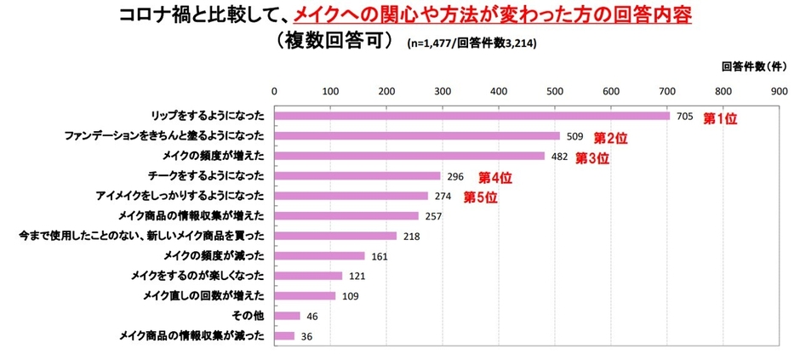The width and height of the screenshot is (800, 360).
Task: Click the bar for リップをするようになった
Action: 471,116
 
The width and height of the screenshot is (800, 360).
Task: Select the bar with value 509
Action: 417,136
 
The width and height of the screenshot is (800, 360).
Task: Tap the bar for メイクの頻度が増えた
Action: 409,156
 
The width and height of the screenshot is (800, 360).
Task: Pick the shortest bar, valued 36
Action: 284,335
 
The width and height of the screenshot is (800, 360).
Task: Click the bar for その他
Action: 287,316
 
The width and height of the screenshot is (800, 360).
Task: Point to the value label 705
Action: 683,117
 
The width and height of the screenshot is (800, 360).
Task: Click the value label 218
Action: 411,236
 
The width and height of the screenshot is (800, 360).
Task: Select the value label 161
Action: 379,256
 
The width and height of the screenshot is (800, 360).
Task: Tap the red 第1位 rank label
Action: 719,119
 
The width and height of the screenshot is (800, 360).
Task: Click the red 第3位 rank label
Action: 592,158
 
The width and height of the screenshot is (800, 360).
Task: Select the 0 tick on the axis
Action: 274,90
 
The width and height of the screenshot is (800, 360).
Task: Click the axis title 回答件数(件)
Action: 753,66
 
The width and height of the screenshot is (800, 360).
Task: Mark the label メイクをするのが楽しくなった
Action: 197,276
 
